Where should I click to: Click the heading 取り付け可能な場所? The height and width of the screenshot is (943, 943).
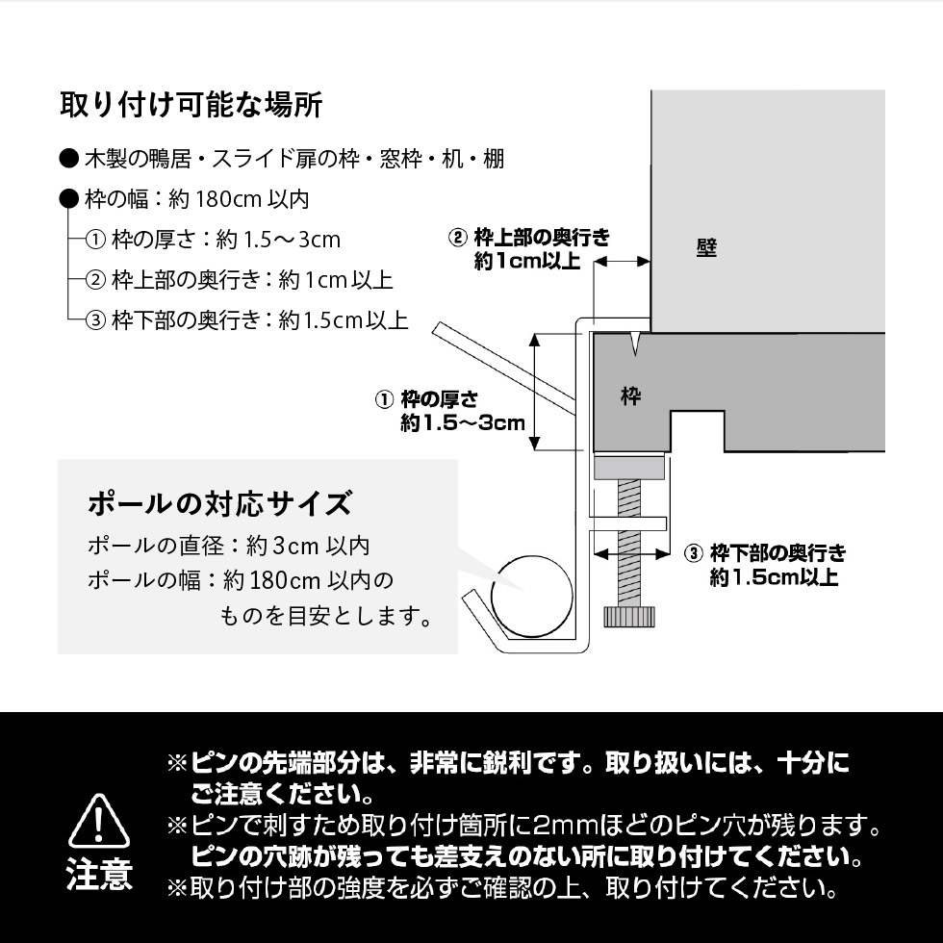[191, 105]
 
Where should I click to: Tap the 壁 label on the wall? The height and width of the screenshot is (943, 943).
[706, 247]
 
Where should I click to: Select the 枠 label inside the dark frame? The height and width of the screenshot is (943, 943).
[630, 395]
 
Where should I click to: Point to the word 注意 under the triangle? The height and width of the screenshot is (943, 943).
[100, 875]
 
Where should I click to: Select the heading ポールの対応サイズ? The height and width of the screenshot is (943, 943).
[219, 502]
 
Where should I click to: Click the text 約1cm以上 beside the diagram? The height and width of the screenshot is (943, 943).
[527, 262]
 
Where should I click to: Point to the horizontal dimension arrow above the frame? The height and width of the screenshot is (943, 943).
[622, 261]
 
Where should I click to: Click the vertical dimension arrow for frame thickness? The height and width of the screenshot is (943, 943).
[536, 392]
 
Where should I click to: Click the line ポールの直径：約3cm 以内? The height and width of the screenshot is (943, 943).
[228, 546]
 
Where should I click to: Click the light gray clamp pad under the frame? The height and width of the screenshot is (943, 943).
[629, 469]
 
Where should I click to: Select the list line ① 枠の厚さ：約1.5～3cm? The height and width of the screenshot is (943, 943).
[213, 240]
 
